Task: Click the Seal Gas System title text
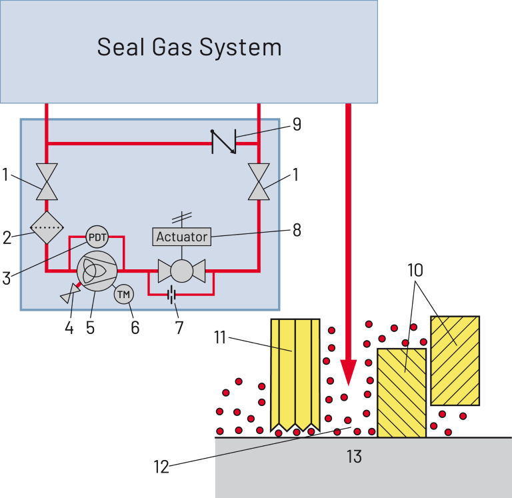[189, 47]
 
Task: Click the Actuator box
[182, 237]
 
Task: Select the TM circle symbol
[124, 293]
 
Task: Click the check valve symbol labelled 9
[223, 141]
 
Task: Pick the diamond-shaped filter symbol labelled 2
[47, 228]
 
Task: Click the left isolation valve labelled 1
[47, 181]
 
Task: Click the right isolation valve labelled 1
[259, 181]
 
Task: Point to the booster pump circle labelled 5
[97, 271]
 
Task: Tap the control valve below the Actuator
[181, 271]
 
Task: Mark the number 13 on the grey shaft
[354, 457]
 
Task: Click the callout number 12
[162, 467]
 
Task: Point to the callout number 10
[415, 270]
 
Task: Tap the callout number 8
[297, 230]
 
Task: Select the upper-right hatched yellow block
[455, 360]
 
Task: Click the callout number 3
[7, 277]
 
